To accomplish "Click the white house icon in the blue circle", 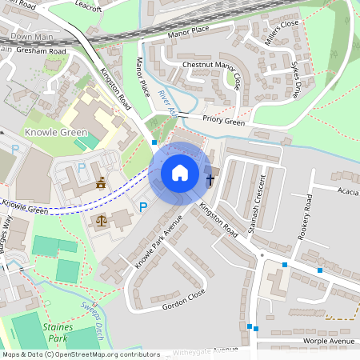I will point(180,173).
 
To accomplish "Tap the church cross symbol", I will point(210,178).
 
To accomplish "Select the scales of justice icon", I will point(101,220).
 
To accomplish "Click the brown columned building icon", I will point(101,185).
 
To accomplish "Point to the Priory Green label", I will point(223,122).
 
